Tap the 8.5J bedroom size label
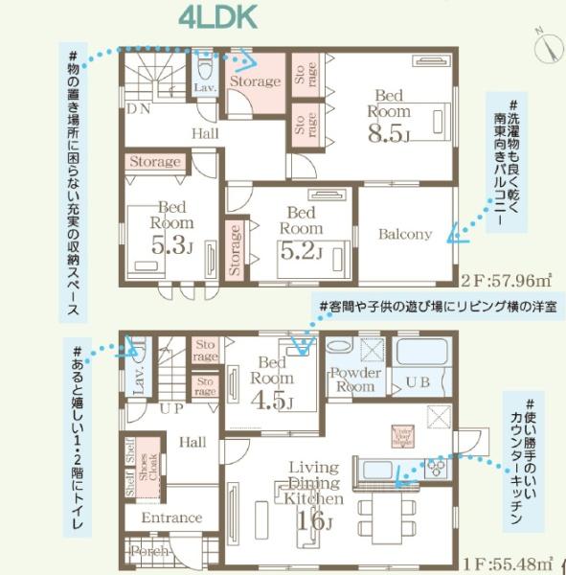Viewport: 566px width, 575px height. click(388, 132)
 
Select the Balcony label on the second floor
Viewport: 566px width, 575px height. click(404, 234)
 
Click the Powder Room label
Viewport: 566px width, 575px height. click(353, 379)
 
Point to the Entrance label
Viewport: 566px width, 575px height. click(171, 517)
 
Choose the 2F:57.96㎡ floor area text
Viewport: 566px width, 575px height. click(507, 281)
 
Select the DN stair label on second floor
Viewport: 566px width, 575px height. click(138, 109)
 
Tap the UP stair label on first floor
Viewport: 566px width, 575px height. click(172, 408)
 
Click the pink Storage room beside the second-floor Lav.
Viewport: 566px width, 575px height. click(254, 81)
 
